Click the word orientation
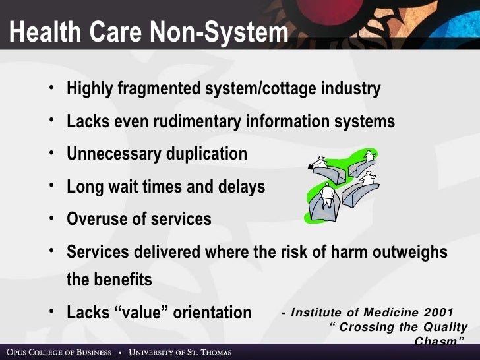(x=213, y=312)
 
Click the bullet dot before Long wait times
(x=51, y=185)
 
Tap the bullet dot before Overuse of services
(x=51, y=218)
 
